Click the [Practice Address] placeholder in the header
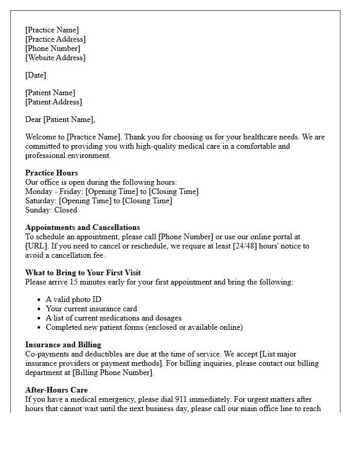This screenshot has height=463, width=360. [x=56, y=39]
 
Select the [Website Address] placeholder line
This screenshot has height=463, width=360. [x=55, y=58]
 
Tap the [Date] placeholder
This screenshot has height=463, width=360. [x=35, y=75]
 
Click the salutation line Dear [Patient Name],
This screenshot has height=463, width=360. [x=60, y=119]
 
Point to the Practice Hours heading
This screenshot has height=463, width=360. [x=51, y=173]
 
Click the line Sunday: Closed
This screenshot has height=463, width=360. [x=51, y=210]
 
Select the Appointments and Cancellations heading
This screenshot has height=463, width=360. [x=82, y=227]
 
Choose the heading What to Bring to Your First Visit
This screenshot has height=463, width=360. [x=83, y=273]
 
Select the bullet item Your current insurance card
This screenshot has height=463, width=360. [x=92, y=309]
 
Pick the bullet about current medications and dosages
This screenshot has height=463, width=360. [x=113, y=318]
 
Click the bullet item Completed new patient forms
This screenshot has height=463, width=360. [x=144, y=327]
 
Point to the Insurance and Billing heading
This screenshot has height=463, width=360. [x=63, y=345]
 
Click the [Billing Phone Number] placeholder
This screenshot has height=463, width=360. [x=112, y=372]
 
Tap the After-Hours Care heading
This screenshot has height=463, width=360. [x=56, y=390]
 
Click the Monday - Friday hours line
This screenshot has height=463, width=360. [x=112, y=191]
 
